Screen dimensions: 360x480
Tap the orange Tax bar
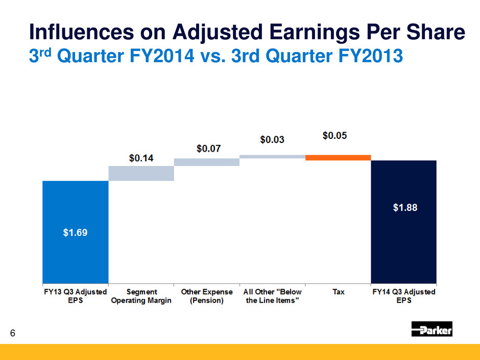pyautogui.click(x=338, y=158)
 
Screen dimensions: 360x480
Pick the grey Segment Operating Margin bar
pyautogui.click(x=141, y=173)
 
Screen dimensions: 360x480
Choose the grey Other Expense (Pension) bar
pyautogui.click(x=207, y=162)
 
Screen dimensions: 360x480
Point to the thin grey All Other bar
pyautogui.click(x=272, y=157)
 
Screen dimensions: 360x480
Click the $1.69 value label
pyautogui.click(x=75, y=233)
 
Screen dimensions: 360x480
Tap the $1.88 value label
pyautogui.click(x=404, y=208)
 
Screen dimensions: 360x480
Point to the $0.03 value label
pyautogui.click(x=272, y=139)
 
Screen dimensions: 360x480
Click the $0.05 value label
pyautogui.click(x=337, y=136)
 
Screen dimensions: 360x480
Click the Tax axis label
pyautogui.click(x=338, y=292)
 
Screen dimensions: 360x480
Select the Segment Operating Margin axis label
pyautogui.click(x=141, y=296)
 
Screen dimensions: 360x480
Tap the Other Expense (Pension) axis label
pyautogui.click(x=207, y=296)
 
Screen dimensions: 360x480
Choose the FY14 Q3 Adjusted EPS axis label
pyautogui.click(x=404, y=296)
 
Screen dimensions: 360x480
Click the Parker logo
pyautogui.click(x=431, y=329)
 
